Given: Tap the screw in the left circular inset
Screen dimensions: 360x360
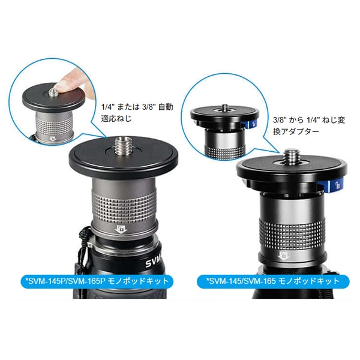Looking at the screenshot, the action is (x=53, y=92).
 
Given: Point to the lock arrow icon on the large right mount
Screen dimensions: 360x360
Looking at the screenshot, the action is (x=283, y=256).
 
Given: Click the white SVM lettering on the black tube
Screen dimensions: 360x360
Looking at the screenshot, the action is (x=154, y=262).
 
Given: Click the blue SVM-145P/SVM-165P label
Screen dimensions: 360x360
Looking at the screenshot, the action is (x=97, y=281).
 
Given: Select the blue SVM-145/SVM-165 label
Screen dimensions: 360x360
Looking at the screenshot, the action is (x=273, y=281).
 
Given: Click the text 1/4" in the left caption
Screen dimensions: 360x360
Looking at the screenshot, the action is (x=107, y=107).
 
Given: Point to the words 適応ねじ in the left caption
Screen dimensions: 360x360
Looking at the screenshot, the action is (x=116, y=119).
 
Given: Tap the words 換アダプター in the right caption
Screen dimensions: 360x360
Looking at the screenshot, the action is (x=296, y=131).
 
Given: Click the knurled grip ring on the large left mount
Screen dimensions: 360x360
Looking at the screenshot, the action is (x=124, y=205).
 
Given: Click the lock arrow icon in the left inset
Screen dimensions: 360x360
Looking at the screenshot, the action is (x=53, y=139).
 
